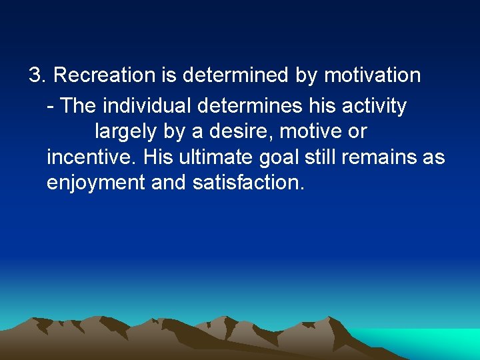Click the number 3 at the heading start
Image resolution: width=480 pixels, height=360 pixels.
[35, 75]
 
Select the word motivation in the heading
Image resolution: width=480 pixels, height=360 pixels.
[372, 75]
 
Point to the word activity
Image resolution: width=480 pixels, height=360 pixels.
[377, 106]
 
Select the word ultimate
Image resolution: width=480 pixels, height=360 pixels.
[209, 157]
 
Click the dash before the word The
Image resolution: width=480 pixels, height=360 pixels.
[51, 107]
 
